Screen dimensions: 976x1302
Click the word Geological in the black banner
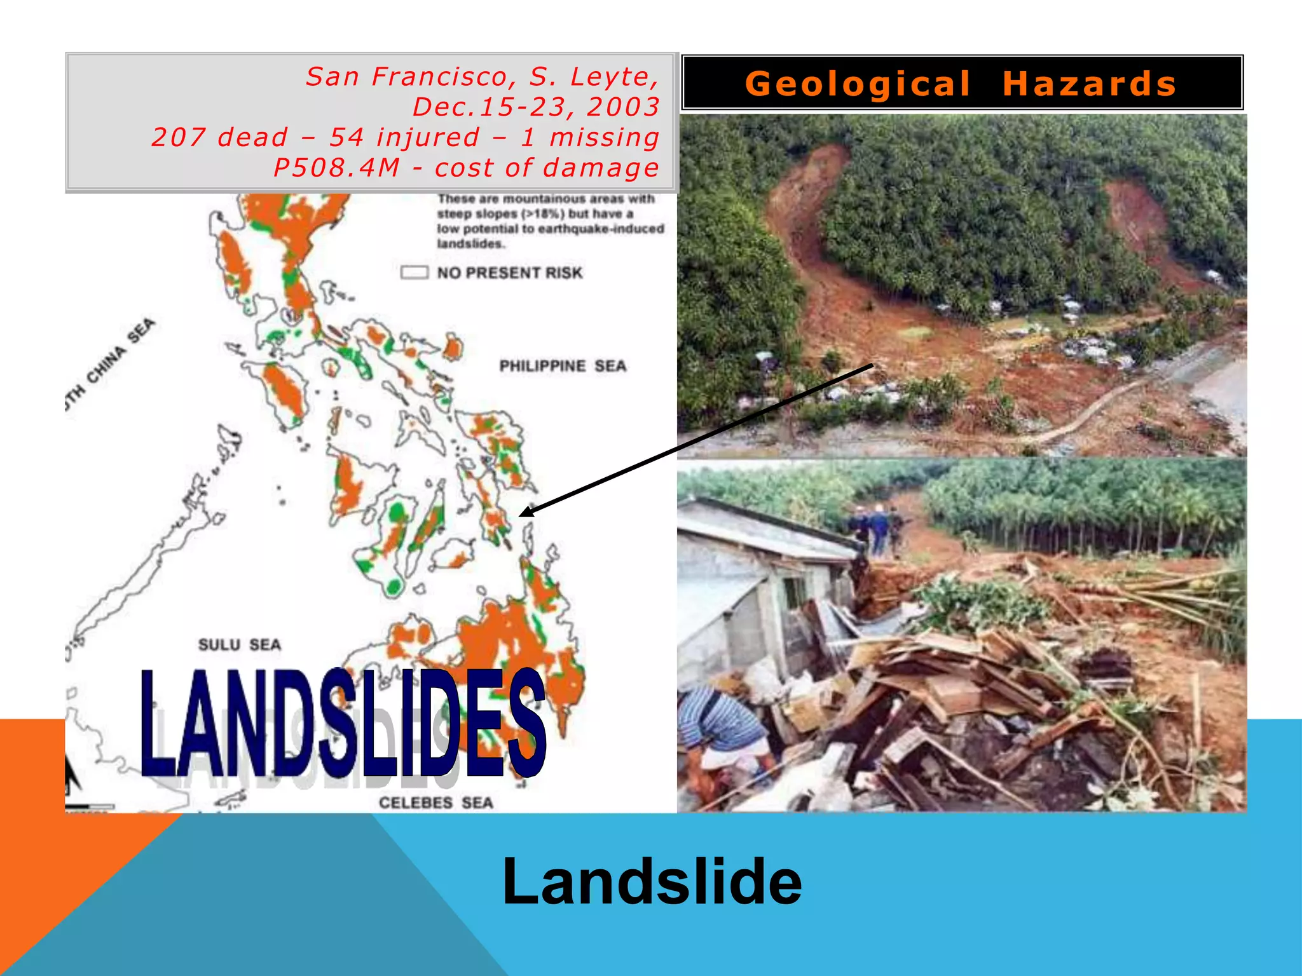(x=858, y=84)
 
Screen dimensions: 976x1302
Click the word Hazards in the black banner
(x=1090, y=84)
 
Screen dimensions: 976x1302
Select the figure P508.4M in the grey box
(x=337, y=168)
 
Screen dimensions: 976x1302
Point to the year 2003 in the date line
(x=623, y=107)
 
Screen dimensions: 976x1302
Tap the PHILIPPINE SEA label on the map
(x=563, y=366)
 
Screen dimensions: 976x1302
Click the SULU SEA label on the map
(x=240, y=645)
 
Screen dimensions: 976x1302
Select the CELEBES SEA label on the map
(x=436, y=803)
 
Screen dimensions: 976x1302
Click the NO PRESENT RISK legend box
(x=415, y=273)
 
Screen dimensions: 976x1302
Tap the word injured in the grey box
(x=428, y=137)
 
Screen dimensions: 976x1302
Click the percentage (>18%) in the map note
(x=543, y=214)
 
